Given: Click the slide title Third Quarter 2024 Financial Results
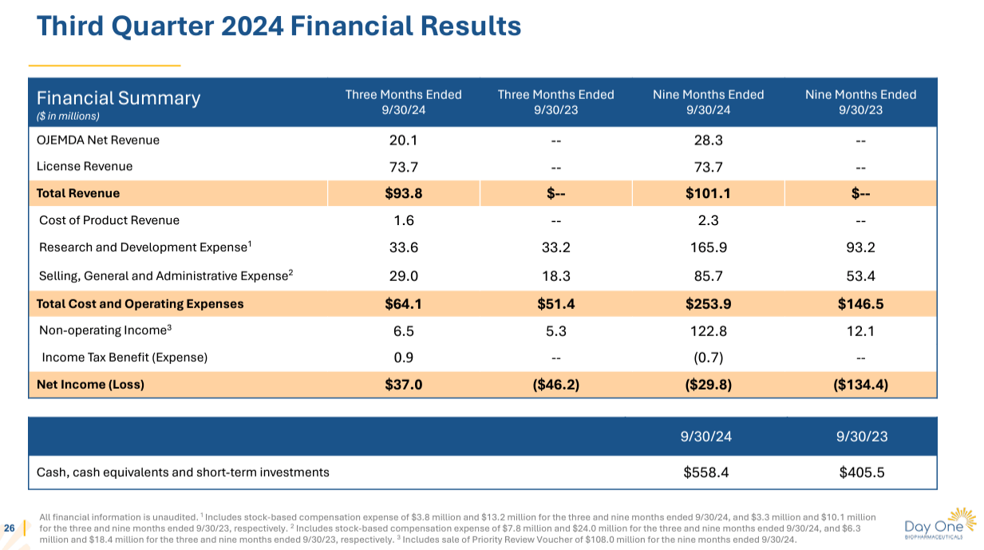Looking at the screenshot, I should pos(279,26).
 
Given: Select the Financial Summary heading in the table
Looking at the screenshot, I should pos(118,98).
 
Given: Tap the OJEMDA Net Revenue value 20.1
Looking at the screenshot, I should pos(403,140).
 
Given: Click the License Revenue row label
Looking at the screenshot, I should pos(85,167).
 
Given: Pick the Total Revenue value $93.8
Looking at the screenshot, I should pos(403,193).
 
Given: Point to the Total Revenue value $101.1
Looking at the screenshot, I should pos(708,193).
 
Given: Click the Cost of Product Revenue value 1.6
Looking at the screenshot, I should pos(403,220).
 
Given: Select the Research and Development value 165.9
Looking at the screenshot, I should pos(708,247).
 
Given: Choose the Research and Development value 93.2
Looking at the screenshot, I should pos(860,247).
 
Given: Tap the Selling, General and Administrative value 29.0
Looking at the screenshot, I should pos(403,275).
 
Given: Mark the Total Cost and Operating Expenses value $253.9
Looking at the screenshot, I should pos(708,303).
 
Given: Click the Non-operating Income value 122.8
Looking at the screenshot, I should pos(708,331).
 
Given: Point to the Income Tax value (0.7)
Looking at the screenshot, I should pos(708,358).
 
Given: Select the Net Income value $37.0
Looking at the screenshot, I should pos(403,385).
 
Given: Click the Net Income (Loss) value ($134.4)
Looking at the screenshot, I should pos(860,385).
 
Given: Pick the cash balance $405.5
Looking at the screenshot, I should pos(861,473).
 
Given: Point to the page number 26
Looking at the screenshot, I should pos(10,528).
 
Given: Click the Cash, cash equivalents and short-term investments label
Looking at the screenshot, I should pos(183,473).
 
